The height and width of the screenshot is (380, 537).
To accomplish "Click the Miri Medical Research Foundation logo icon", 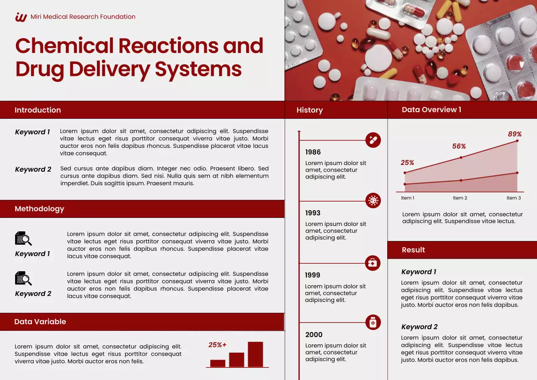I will click(21, 17).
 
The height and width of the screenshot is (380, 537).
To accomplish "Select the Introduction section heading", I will click(38, 110).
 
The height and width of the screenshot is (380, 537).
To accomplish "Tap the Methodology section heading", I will click(39, 209).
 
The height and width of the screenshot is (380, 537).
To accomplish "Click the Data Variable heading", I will click(40, 322).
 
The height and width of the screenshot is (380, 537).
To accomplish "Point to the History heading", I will click(310, 110).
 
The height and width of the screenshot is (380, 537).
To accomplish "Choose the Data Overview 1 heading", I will click(431, 110).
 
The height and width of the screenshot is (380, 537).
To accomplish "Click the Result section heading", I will click(413, 250).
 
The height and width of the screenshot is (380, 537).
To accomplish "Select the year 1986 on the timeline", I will click(313, 152).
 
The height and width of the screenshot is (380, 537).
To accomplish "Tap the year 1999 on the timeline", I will click(313, 275).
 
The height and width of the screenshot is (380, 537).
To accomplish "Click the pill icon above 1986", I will click(373, 140).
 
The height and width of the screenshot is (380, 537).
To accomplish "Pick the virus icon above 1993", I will click(373, 201).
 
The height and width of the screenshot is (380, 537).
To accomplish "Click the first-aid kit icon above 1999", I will click(373, 263).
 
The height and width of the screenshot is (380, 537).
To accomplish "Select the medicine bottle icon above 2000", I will click(373, 322).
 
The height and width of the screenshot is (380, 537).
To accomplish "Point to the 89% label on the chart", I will click(515, 134).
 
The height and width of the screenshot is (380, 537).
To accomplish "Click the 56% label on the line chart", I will click(459, 147).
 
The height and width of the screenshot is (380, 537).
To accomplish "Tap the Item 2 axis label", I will click(460, 198).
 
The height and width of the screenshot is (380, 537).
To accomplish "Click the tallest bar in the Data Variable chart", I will click(255, 354).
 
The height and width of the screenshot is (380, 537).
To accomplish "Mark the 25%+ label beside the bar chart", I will click(217, 345).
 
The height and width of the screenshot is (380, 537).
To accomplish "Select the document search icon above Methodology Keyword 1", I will click(23, 238).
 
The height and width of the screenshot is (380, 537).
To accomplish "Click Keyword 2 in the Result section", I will click(420, 327).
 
